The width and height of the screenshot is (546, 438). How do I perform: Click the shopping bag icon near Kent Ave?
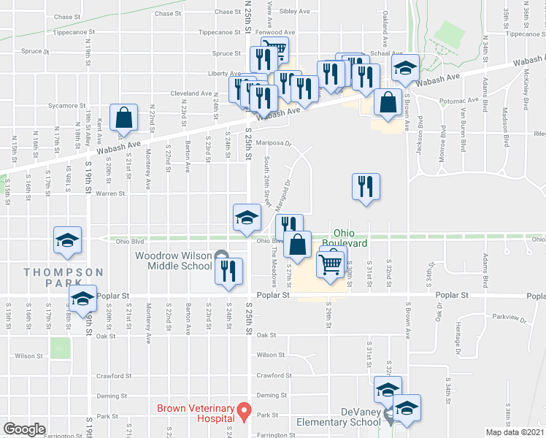click(x=124, y=120)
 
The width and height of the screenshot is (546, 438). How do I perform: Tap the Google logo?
click(x=24, y=429)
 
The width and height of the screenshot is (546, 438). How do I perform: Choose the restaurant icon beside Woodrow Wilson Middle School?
click(x=228, y=271)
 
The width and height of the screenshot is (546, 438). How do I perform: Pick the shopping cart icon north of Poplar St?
click(x=331, y=264)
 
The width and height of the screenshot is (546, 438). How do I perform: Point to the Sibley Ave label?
click(x=293, y=12)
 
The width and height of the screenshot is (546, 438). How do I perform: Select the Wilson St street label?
click(x=28, y=356)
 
